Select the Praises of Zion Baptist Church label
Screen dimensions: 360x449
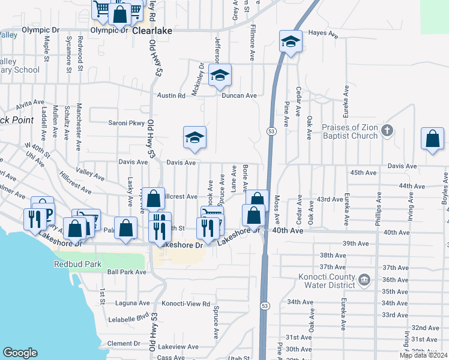350,131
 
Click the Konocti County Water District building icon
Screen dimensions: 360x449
364,279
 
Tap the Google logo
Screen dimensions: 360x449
20,353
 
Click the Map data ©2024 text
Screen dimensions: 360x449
423,355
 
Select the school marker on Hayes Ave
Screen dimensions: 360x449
291,41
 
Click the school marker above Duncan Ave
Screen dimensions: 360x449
220,75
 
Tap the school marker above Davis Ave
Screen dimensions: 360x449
194,138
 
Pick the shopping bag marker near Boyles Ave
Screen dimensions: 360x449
432,139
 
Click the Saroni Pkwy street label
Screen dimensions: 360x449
127,123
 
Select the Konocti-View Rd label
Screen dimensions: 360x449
186,304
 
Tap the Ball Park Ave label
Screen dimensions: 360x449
127,272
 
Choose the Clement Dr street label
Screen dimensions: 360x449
124,344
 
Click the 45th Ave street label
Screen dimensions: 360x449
364,173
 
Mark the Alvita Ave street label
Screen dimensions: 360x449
31,103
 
